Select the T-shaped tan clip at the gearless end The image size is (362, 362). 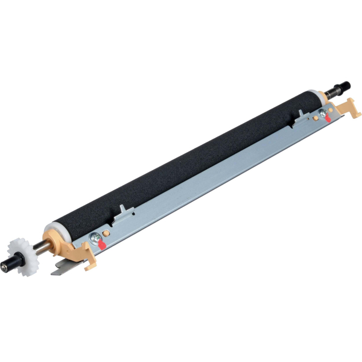349,109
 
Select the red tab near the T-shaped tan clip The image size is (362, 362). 328,118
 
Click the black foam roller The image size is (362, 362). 181,163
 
